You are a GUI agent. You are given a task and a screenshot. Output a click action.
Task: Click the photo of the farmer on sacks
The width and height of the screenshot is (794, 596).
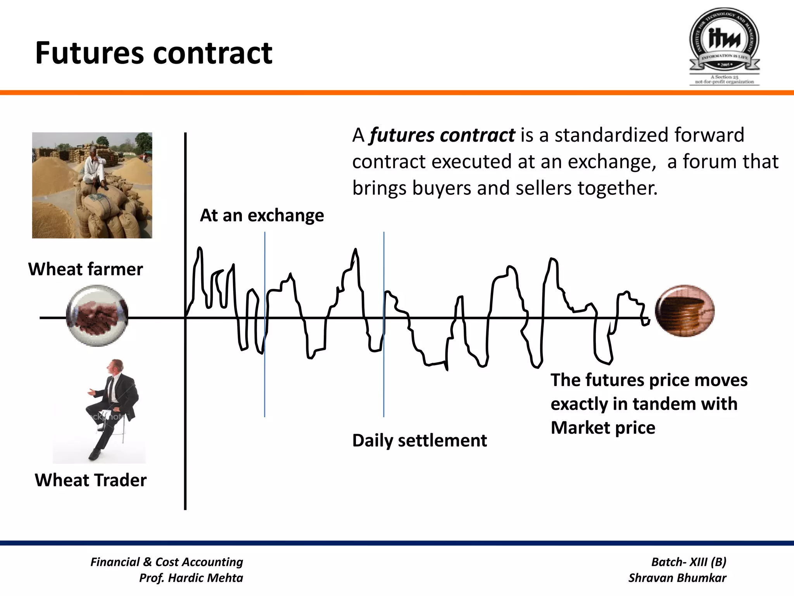92,185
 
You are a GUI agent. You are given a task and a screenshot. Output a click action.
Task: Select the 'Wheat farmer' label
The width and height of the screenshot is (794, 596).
86,269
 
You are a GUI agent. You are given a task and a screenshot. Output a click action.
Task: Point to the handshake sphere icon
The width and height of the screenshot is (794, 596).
97,315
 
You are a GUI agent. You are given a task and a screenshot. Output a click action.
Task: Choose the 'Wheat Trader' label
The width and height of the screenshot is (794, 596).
91,480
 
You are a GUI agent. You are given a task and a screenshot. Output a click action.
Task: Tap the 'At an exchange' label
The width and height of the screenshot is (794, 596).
262,215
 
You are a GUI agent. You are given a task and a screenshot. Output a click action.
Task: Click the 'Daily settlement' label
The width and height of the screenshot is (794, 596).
419,440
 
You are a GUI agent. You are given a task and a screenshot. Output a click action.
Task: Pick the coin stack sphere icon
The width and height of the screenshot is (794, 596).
685,311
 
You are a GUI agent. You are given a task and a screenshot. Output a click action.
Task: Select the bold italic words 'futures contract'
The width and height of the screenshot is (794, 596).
442,135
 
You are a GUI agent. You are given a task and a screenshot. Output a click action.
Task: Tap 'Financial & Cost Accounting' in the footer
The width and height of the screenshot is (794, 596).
167,562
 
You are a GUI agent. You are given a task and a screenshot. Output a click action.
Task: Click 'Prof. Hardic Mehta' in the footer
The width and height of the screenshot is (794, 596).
191,578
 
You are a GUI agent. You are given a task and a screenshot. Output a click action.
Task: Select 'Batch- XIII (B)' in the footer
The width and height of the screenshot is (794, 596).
689,562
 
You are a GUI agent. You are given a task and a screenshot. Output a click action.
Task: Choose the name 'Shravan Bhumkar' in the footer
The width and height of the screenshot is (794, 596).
677,578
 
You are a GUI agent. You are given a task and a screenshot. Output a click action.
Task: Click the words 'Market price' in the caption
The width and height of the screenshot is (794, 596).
603,428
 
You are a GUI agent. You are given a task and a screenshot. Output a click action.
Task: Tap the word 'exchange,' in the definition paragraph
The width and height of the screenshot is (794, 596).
612,162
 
